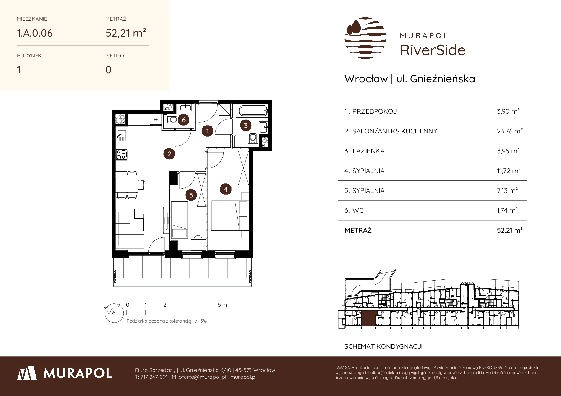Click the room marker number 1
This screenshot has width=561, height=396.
(x=208, y=131)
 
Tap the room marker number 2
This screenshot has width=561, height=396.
(x=169, y=154)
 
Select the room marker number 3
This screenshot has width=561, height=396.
(x=246, y=126)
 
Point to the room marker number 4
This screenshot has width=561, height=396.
(x=226, y=189)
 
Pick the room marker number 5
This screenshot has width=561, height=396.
(x=191, y=195)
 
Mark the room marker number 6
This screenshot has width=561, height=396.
(x=184, y=120)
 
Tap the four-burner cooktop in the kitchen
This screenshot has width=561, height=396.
(x=121, y=155)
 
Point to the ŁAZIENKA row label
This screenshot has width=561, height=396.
(x=368, y=151)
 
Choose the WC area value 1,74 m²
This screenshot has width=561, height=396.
(x=507, y=210)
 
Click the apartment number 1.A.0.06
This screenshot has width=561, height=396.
(x=35, y=33)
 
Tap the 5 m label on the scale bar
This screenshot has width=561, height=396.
(x=223, y=305)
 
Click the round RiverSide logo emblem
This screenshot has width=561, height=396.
(x=366, y=39)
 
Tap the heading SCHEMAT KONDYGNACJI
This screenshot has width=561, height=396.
(x=383, y=346)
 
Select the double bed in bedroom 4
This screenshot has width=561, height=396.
(x=230, y=215)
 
